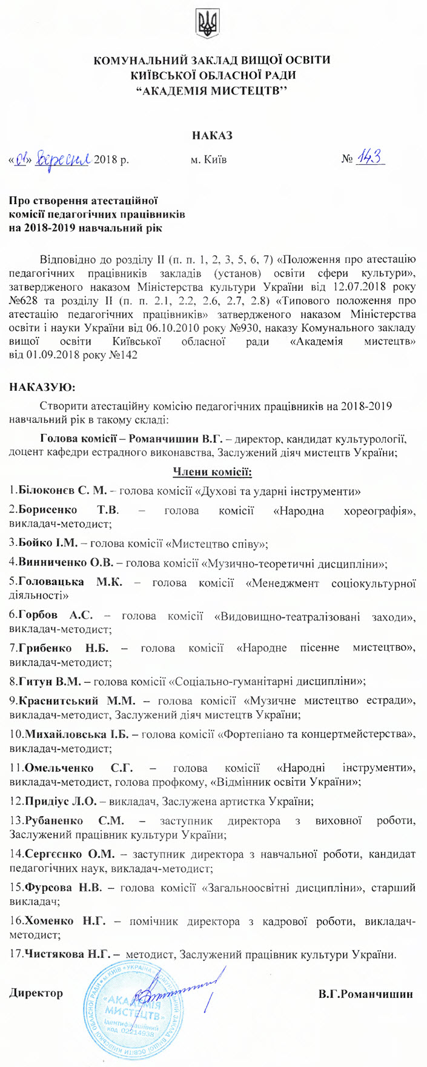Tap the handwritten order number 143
(369, 158)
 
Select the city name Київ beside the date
(208, 160)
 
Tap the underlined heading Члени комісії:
(213, 471)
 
